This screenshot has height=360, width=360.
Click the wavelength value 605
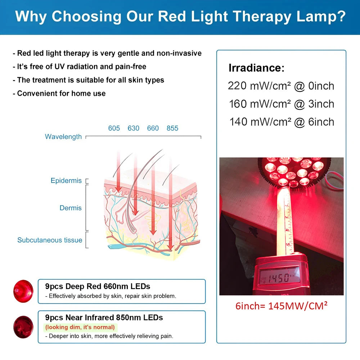click(114, 128)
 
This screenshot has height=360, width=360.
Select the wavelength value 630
click(134, 128)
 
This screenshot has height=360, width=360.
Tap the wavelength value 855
click(172, 128)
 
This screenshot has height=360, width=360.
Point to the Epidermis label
click(66, 181)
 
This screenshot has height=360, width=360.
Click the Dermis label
click(71, 208)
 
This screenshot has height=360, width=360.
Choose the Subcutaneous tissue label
click(50, 240)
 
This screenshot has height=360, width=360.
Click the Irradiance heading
click(256, 68)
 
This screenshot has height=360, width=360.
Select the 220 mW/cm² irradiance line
click(281, 86)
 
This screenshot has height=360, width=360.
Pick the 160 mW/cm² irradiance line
click(282, 104)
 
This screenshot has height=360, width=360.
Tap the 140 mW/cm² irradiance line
click(282, 122)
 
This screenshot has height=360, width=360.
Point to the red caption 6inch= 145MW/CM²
click(281, 306)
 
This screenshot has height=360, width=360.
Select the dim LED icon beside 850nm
click(23, 327)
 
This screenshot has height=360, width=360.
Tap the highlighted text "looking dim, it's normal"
click(80, 327)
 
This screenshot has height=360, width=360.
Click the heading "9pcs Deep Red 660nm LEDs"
click(98, 287)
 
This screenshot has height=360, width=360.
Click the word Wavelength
click(63, 137)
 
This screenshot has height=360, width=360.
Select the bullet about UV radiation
click(80, 67)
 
